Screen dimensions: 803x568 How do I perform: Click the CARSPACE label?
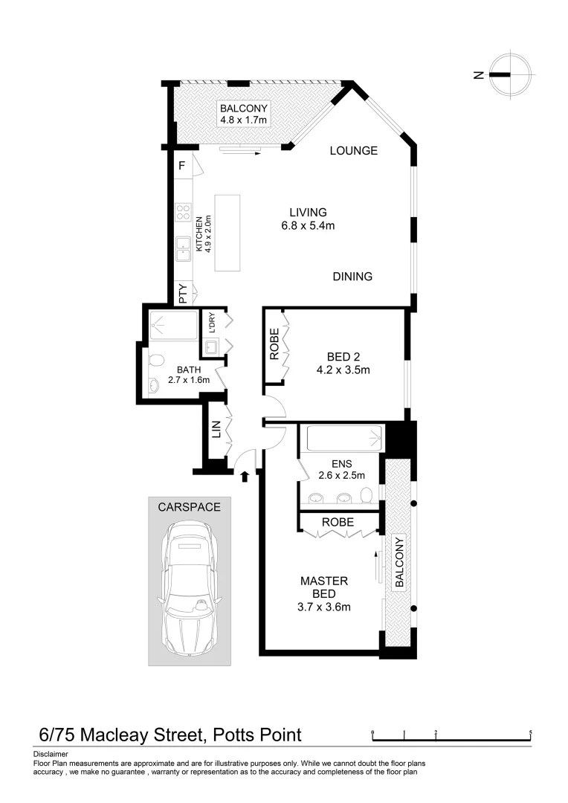pos(189,507)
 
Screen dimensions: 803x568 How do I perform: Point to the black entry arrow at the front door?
pos(245,476)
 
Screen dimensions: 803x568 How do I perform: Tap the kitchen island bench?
pos(227,232)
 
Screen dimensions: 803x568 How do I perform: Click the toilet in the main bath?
pos(155,360)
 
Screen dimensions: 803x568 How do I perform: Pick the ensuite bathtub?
pos(342,438)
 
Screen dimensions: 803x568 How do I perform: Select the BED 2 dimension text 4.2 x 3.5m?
pos(343,369)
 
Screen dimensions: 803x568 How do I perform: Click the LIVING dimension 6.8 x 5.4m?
pos(308,226)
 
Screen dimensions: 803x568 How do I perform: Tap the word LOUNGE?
pos(354,151)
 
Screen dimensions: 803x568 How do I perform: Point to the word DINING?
pos(352,277)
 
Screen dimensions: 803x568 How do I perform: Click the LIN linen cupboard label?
pos(216,429)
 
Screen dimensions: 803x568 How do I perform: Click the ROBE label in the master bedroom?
pos(337,522)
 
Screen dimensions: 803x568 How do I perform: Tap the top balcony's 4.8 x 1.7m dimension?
pos(243,120)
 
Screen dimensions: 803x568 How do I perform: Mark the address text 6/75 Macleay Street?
pos(120,735)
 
